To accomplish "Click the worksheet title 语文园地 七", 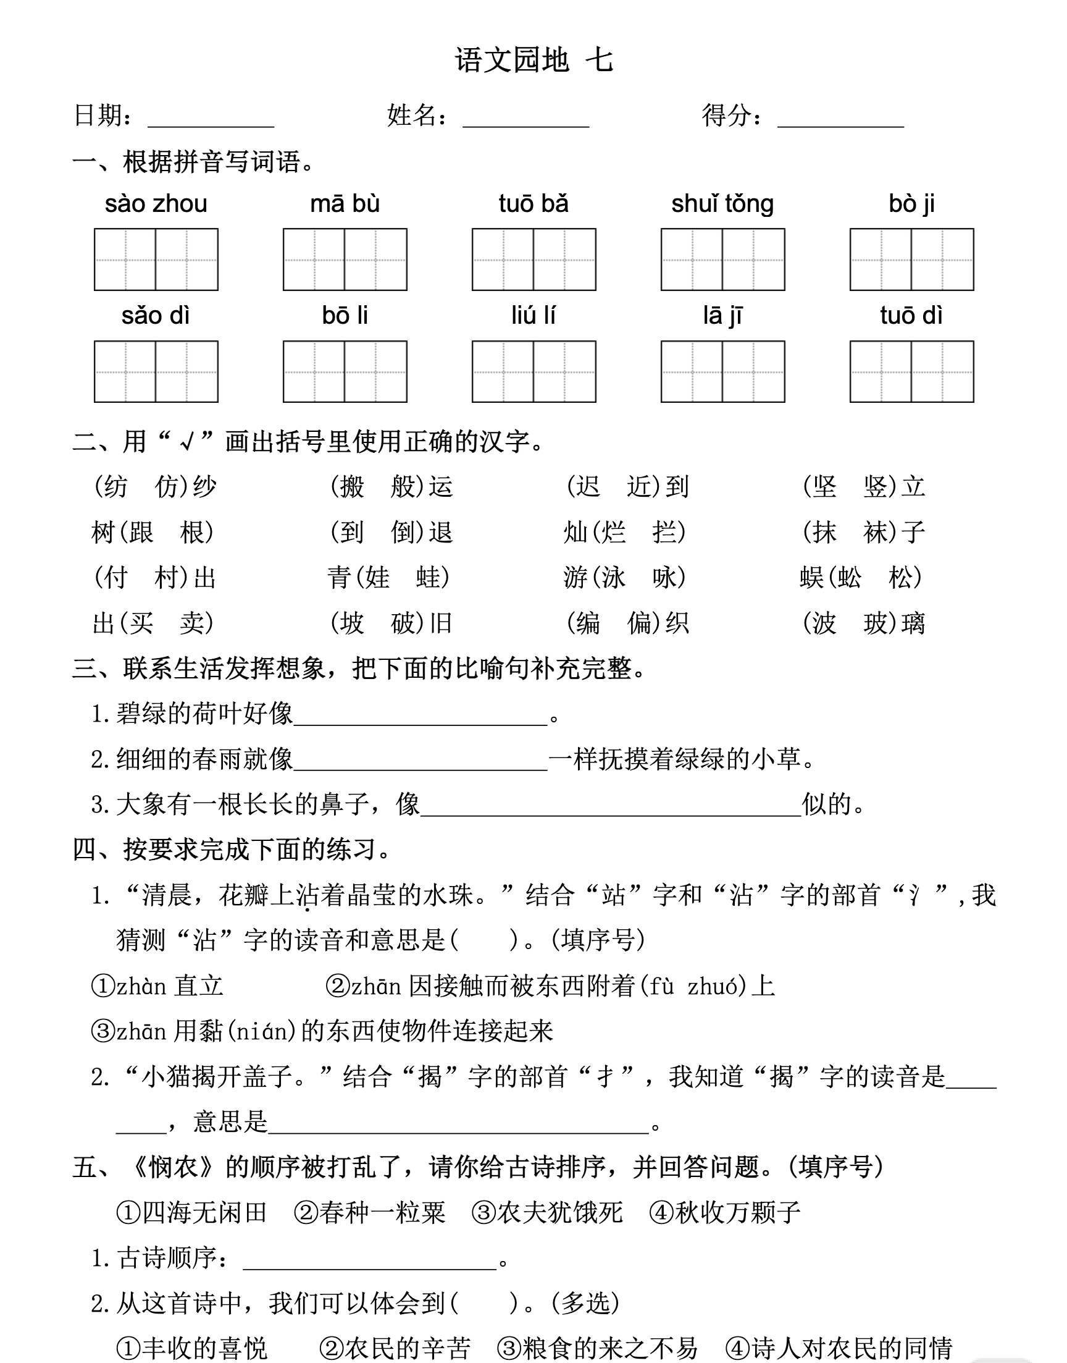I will coord(533,61).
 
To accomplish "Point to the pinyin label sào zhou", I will coord(156,205).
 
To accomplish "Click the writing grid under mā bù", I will coord(345,260).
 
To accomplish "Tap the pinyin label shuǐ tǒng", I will coord(722,205).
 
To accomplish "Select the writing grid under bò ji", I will coord(911,260).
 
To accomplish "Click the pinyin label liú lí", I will coord(533,316).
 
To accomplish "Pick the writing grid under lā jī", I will coord(722,372).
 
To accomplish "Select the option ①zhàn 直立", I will coord(157,986).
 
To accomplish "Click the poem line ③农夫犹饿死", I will coord(547,1212).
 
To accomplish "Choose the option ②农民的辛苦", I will coord(394,1348).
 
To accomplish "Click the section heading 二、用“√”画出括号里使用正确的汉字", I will coord(309,442).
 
